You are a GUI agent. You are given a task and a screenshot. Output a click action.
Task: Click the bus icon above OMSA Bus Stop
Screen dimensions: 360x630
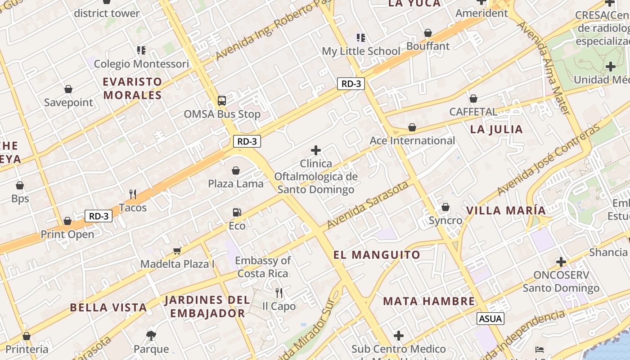pos(222,101)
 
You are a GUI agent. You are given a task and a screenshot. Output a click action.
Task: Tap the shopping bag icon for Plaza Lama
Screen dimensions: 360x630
pos(235,171)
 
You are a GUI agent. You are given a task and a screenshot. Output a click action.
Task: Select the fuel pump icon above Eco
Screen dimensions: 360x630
pos(237,212)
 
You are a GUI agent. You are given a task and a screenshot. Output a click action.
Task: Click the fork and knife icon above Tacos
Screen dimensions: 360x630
pos(133,194)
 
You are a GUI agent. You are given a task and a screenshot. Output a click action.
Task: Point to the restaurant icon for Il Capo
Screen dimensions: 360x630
pos(279,293)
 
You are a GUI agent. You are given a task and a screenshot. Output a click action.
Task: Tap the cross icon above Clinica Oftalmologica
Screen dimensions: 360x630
pos(316,150)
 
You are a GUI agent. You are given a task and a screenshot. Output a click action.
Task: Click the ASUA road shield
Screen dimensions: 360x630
pos(490,319)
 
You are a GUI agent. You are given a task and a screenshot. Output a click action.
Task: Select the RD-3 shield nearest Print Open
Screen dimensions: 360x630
pos(99,216)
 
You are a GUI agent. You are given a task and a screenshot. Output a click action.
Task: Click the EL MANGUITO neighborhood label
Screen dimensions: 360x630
pos(377,255)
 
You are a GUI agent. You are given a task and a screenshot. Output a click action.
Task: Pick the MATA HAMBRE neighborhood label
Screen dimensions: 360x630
pos(429,301)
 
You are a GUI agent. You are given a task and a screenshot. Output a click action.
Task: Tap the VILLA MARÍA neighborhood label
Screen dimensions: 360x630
pos(506,210)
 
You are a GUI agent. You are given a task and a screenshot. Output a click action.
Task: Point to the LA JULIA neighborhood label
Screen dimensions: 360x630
pos(496,130)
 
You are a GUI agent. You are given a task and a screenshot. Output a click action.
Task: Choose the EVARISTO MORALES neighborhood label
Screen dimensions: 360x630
pos(132,88)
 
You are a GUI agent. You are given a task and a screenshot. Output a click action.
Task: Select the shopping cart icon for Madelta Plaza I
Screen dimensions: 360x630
pos(177,251)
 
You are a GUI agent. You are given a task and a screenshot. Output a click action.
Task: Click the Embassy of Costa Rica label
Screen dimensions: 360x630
pos(263,267)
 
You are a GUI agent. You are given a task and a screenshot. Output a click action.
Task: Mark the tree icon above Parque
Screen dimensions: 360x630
pos(151,335)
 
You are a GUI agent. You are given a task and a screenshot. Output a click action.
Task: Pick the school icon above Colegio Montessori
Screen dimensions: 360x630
pos(141,50)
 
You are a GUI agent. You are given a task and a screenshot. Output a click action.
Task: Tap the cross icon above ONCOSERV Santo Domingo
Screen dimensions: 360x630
pos(561,262)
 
